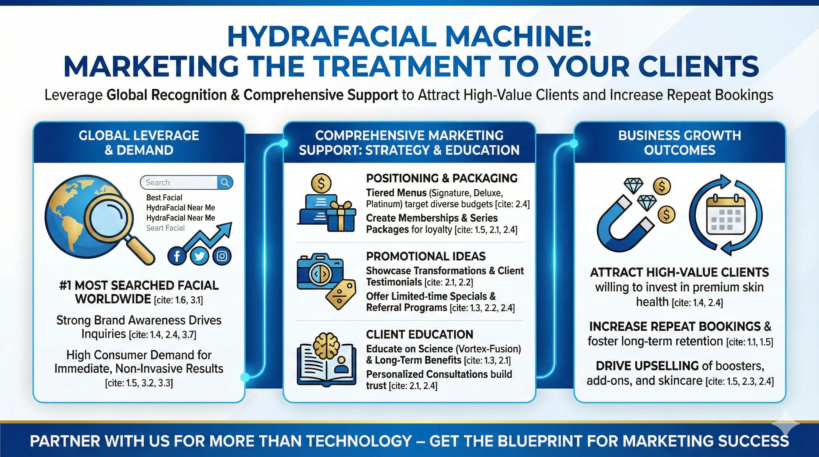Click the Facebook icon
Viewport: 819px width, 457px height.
click(x=177, y=256)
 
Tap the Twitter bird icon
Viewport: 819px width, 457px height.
click(x=199, y=256)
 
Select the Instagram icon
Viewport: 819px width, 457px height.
click(x=222, y=256)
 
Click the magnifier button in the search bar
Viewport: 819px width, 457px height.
click(x=225, y=182)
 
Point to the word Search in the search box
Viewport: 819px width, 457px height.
click(x=158, y=182)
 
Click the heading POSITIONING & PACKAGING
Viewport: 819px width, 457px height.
click(x=442, y=178)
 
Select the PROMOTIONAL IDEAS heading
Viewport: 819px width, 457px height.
click(x=426, y=256)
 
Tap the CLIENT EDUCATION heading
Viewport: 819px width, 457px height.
click(x=419, y=334)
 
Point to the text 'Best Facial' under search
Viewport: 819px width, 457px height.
click(x=164, y=197)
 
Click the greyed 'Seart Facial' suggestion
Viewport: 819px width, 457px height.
click(x=165, y=228)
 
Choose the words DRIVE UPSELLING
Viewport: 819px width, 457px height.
click(x=647, y=366)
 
